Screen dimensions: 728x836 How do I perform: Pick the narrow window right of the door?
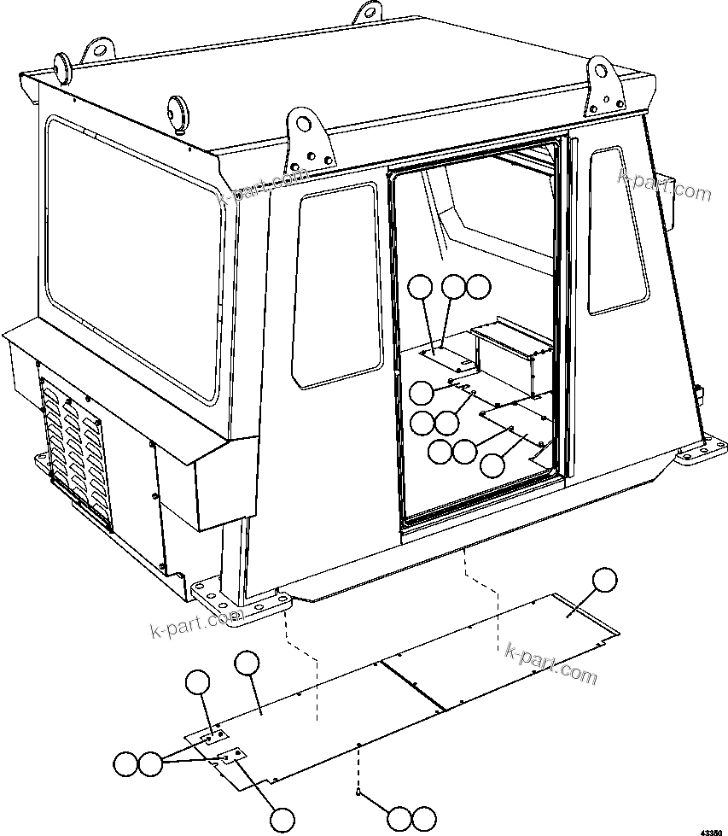pyautogui.click(x=618, y=231)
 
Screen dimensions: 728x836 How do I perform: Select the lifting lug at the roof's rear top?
pyautogui.click(x=368, y=13)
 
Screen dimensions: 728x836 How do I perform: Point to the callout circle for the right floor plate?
pyautogui.click(x=604, y=580)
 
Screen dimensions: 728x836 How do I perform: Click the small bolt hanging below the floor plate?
pyautogui.click(x=359, y=793)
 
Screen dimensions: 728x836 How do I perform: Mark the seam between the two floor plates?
pyautogui.click(x=413, y=683)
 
